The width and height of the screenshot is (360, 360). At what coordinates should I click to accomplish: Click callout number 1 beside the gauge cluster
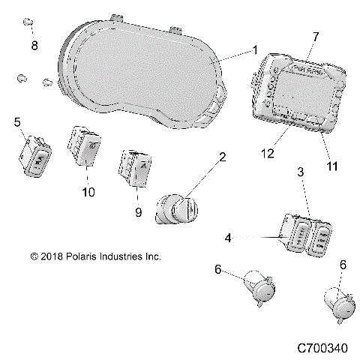[x=256, y=50]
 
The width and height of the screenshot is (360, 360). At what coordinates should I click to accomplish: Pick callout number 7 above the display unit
[x=315, y=36]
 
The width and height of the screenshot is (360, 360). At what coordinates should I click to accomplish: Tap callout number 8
[x=34, y=45]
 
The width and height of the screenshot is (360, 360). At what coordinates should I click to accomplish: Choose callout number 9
[x=138, y=212]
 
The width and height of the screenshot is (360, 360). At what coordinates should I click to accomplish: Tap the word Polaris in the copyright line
[x=83, y=256]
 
